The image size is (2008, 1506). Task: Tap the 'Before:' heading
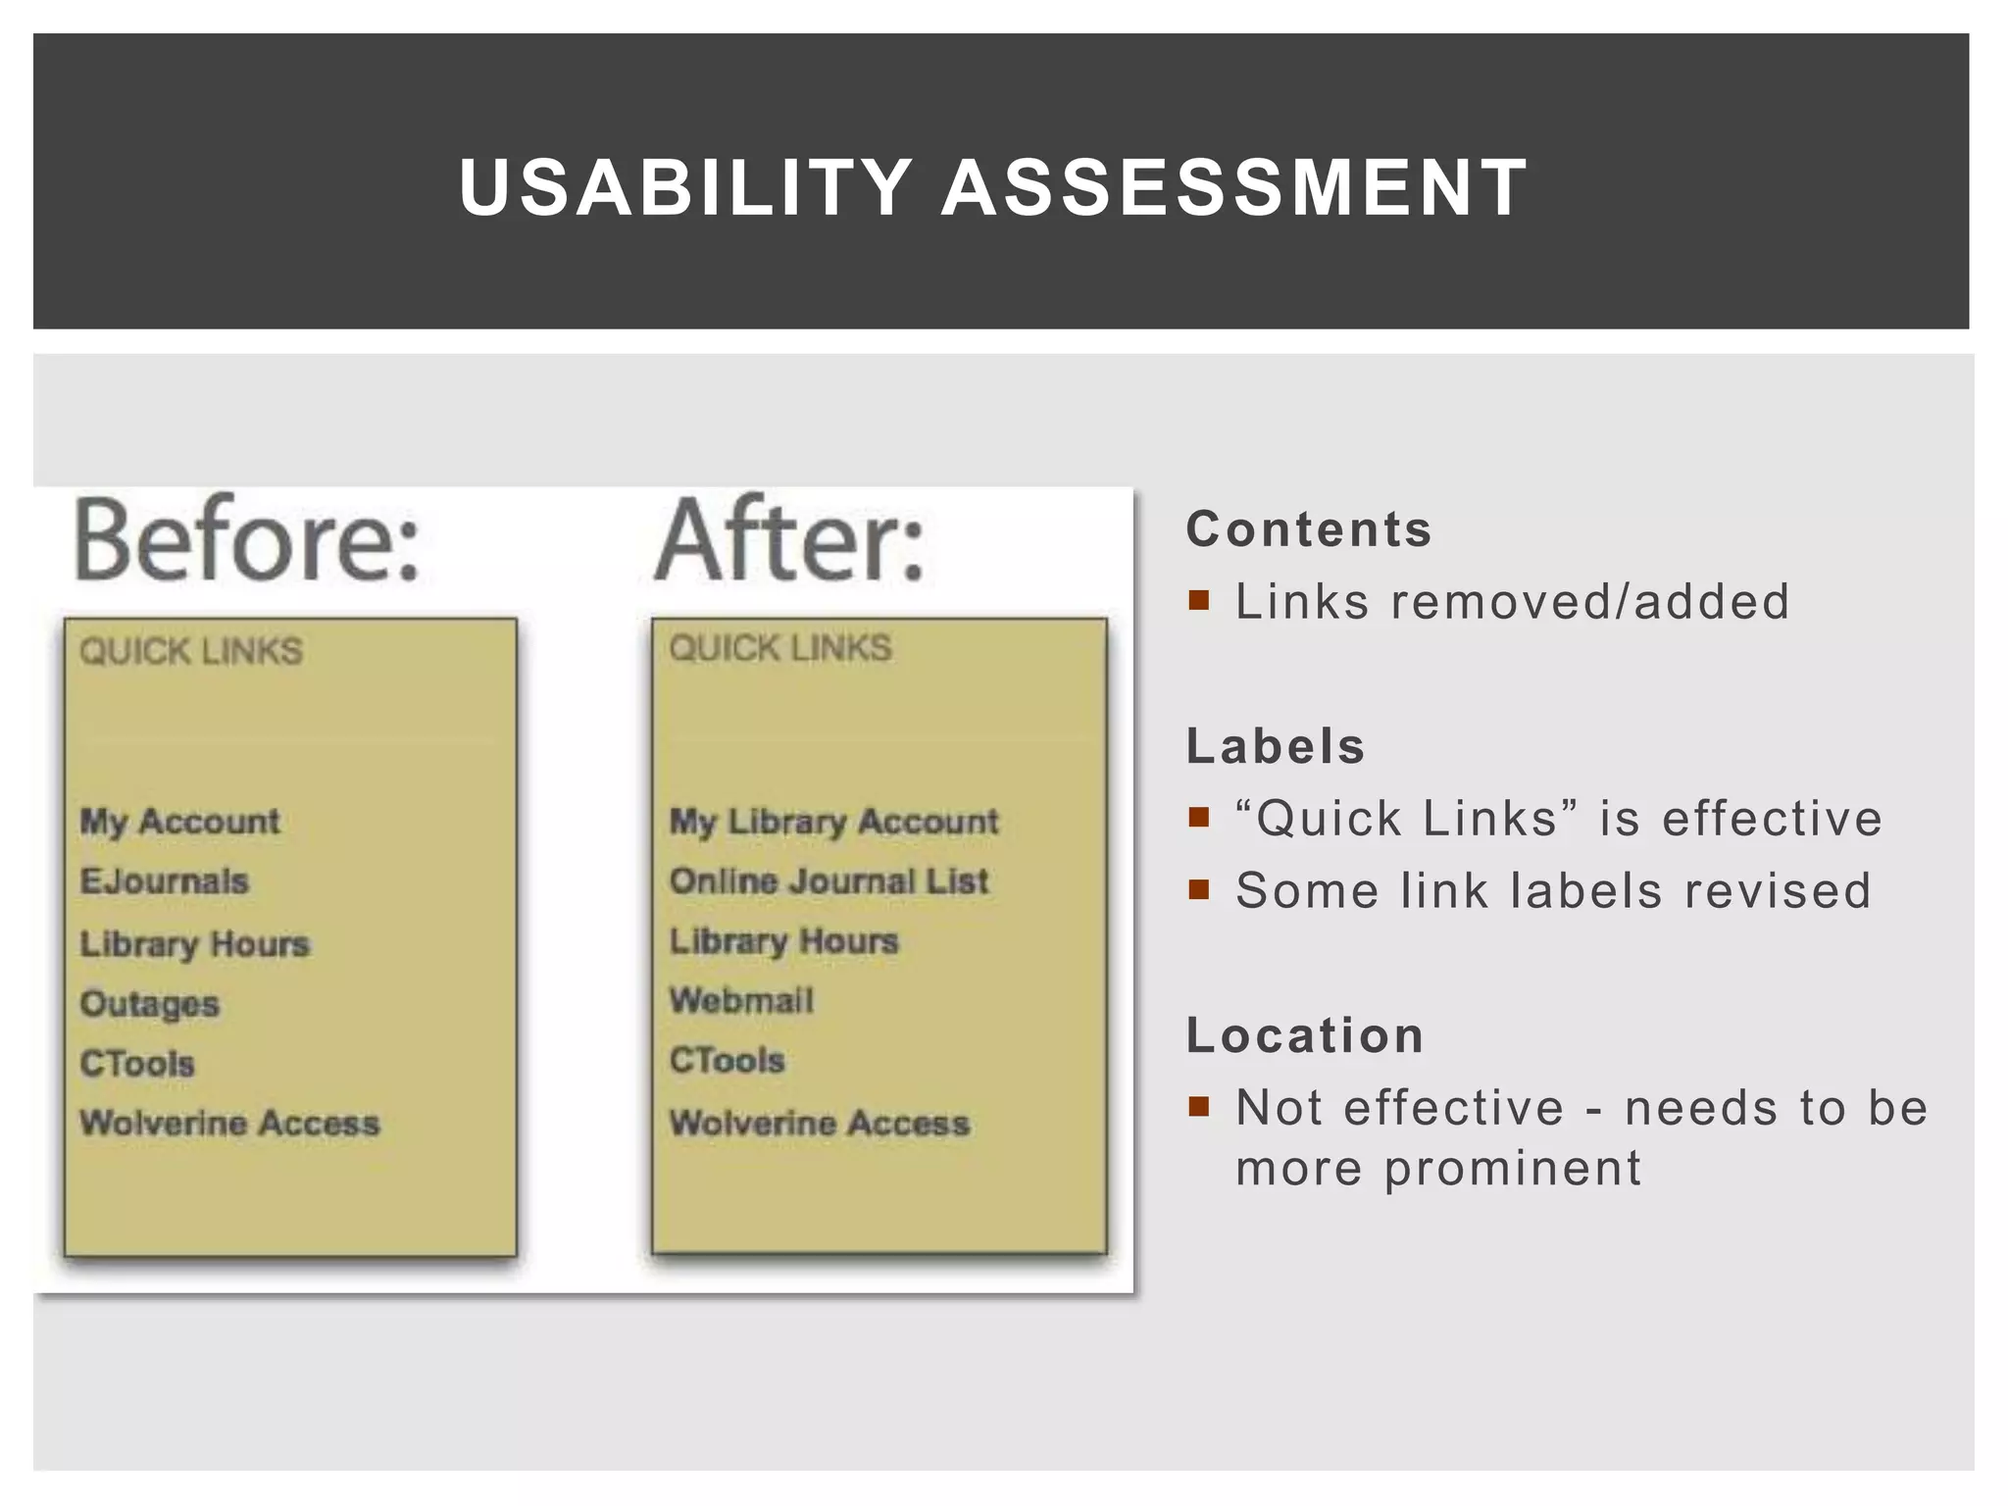[247, 541]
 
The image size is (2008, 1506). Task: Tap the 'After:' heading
[790, 541]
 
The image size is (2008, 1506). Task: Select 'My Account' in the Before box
[180, 821]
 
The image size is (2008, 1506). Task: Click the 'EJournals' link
[165, 880]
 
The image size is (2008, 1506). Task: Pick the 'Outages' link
[150, 1003]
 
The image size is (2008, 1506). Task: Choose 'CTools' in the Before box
[137, 1063]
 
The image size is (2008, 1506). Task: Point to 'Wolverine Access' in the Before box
[229, 1123]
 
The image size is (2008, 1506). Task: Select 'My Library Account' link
[833, 821]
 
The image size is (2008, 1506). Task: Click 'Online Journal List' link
[828, 880]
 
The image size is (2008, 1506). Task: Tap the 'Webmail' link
[741, 1000]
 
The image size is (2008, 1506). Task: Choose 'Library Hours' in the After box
[783, 941]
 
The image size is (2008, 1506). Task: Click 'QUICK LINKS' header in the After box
[780, 648]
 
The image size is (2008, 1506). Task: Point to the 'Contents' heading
[1309, 529]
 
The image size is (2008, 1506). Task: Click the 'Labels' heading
[1276, 746]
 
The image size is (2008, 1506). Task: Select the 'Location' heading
[1305, 1035]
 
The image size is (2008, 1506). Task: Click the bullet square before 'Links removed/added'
[1198, 599]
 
